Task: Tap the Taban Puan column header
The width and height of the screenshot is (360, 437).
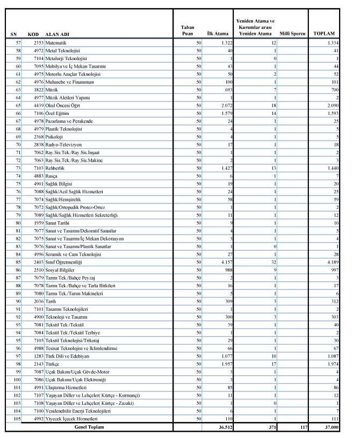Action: tap(184, 30)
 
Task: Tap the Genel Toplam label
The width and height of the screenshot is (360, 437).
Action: tap(89, 427)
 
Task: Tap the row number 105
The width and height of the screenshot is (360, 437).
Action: tap(15, 419)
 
